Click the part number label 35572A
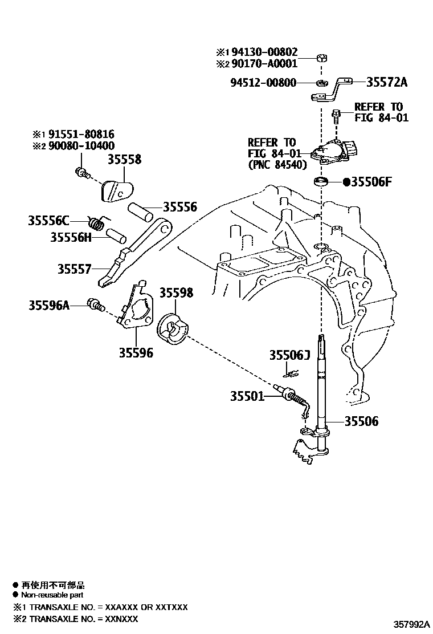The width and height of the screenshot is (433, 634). click(x=387, y=83)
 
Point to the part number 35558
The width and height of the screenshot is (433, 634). click(x=124, y=160)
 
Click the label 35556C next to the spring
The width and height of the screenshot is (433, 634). click(x=48, y=221)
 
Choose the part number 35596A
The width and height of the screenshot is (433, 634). click(x=48, y=306)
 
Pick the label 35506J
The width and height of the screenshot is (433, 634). click(x=289, y=356)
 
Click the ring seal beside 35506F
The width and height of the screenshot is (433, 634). click(x=322, y=182)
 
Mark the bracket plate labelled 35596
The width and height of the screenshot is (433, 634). click(x=137, y=311)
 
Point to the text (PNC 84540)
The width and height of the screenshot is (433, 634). click(x=278, y=165)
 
